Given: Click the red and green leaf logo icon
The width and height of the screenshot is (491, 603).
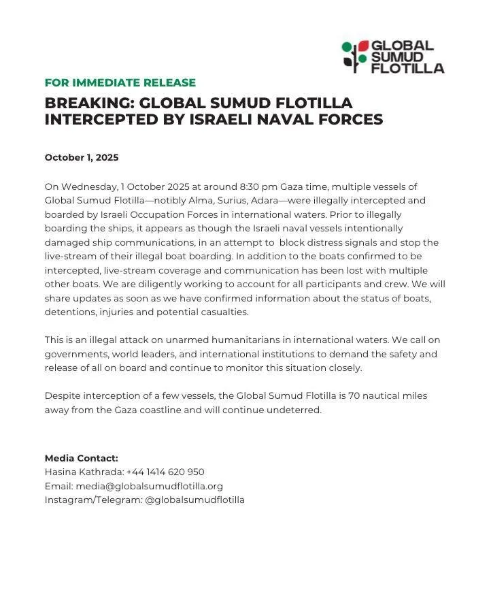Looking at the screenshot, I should click(354, 56).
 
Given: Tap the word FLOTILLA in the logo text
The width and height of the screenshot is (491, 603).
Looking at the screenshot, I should click(407, 68).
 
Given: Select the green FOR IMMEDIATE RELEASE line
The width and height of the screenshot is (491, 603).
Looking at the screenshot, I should click(120, 83).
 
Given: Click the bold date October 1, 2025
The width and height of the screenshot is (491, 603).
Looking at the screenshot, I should click(82, 157).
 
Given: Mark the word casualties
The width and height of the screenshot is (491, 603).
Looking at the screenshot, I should click(226, 312).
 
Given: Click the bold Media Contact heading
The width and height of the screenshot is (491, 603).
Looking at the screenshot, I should click(81, 458).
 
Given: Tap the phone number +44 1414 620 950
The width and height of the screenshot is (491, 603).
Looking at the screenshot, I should click(165, 472).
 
